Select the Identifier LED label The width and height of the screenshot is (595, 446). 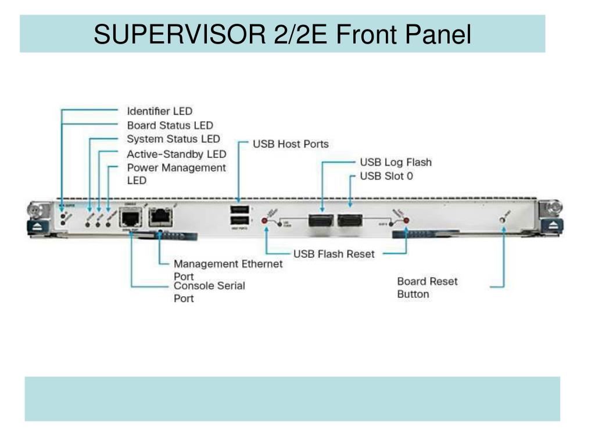coord(159,111)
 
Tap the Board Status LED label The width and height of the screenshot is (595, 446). coord(170,125)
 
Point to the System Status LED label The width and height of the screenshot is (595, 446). coord(173,139)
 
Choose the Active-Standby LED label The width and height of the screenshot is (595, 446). coord(176,154)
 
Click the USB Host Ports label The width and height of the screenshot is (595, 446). coord(291,144)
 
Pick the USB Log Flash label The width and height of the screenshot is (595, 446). coord(396,162)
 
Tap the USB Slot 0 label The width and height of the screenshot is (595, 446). coord(386,176)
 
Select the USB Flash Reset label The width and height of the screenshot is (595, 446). coord(334,254)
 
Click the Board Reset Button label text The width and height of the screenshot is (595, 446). coord(427,287)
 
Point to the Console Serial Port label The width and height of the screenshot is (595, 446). coord(209,292)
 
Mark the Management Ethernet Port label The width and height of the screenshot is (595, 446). coord(228,269)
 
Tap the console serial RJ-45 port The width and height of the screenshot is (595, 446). coord(131,218)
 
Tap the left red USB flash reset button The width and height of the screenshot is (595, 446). coord(266,221)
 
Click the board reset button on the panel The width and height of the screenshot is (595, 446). coord(503,220)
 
